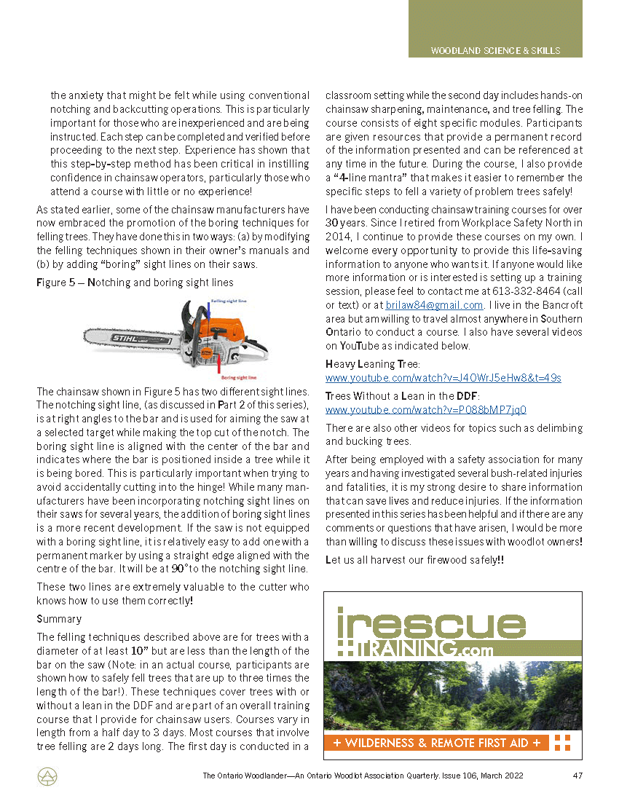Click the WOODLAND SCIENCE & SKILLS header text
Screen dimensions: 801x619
495,51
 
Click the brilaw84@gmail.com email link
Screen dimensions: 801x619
434,305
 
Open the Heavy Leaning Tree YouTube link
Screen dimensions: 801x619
443,378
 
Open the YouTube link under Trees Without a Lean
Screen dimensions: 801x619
425,410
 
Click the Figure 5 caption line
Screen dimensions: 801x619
135,282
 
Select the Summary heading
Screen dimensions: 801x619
59,619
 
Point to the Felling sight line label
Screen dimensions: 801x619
229,299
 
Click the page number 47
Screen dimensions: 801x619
577,776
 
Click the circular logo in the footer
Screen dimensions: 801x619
47,777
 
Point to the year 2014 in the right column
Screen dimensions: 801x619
338,237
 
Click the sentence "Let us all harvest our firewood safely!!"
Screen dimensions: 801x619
414,559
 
